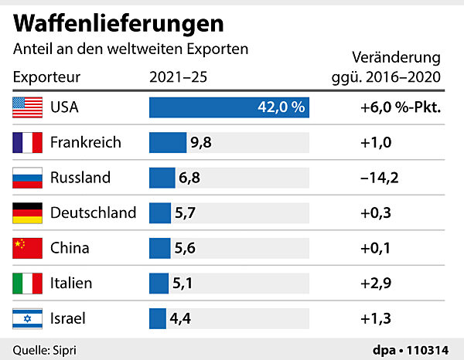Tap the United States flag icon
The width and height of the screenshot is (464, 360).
(x=27, y=107)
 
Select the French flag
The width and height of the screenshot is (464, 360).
(x=27, y=142)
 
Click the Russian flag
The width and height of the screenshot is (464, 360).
(x=27, y=178)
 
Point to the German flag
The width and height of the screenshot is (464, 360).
(x=27, y=212)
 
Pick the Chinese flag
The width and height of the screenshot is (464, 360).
(x=27, y=248)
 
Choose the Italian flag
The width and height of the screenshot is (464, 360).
(x=27, y=283)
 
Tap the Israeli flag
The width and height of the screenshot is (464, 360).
(x=27, y=318)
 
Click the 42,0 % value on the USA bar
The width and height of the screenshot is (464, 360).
(x=281, y=107)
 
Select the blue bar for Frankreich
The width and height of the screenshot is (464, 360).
(x=167, y=142)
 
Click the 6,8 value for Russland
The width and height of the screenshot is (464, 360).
(x=190, y=178)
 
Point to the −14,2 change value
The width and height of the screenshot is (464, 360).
(x=379, y=178)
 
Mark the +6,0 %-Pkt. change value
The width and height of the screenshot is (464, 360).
(x=400, y=107)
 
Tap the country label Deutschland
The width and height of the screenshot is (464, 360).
(x=93, y=212)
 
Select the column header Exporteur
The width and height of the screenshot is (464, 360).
(x=46, y=77)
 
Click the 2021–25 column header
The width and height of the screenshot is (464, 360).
(x=177, y=77)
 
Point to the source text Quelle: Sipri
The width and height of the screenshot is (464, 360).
(x=45, y=349)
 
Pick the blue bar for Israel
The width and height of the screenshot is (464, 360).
(x=158, y=318)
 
